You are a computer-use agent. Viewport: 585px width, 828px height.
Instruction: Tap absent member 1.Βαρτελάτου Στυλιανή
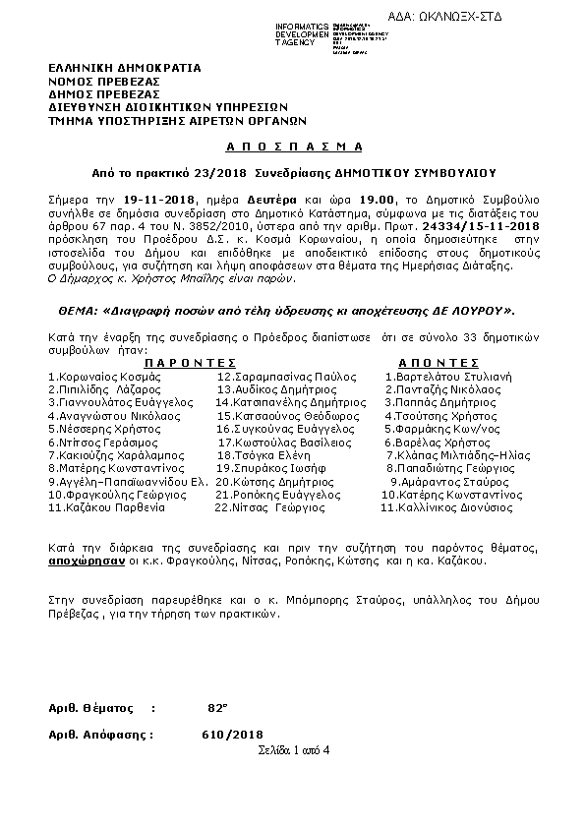click(x=448, y=376)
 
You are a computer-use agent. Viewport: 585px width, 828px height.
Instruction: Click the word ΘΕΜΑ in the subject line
click(x=72, y=310)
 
